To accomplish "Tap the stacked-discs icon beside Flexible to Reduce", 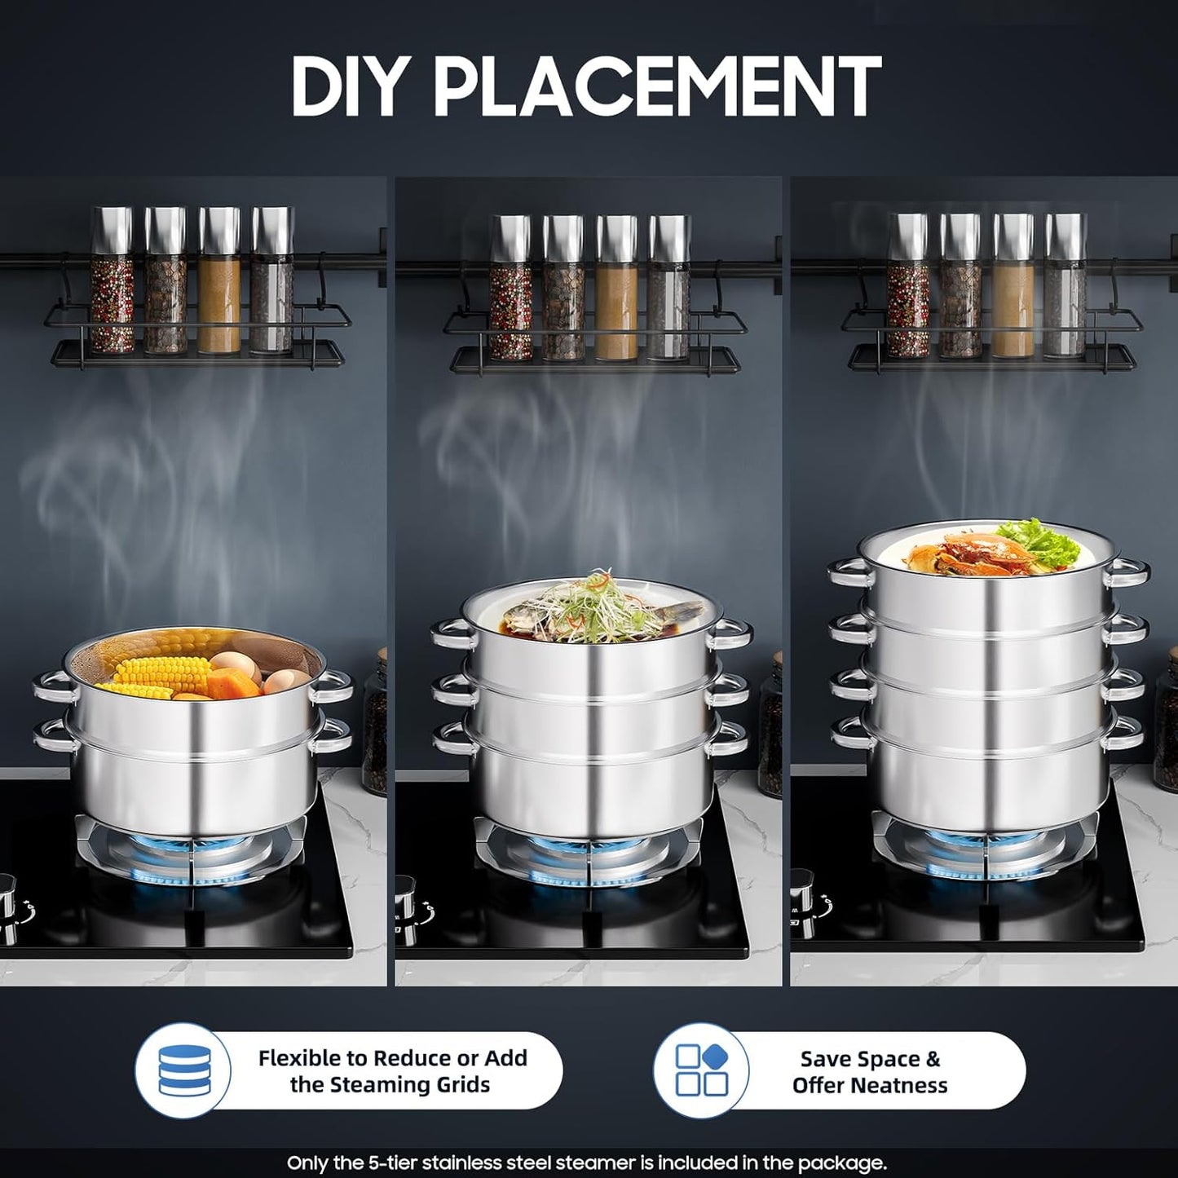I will [184, 1070].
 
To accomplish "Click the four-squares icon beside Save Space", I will [702, 1070].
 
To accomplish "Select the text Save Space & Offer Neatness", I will [870, 1071].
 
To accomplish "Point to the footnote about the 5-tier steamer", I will [587, 1163].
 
